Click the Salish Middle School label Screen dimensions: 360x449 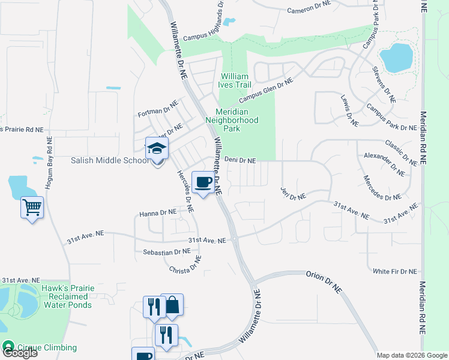tap(109, 160)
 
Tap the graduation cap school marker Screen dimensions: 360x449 tap(157, 148)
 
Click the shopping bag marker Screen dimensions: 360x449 tap(172, 305)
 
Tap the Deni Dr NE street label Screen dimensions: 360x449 tap(240, 161)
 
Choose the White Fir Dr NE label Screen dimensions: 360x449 tap(394, 271)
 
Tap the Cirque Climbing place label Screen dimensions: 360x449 tap(47, 347)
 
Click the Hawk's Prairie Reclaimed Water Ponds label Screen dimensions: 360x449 tap(68, 296)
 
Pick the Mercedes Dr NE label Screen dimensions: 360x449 tap(382, 188)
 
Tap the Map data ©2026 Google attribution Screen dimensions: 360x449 tap(412, 355)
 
